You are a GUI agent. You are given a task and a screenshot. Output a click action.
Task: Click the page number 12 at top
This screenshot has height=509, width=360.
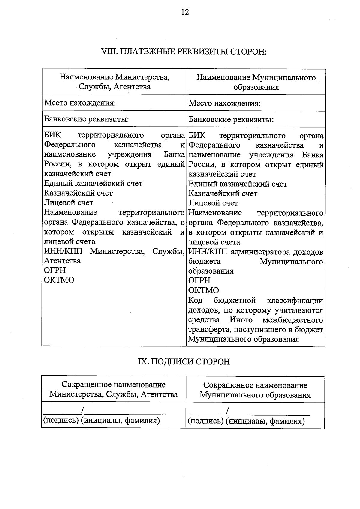[x=185, y=12]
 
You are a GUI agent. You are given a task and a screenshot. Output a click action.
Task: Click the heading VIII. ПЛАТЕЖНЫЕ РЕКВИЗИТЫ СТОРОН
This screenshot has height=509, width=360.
[x=184, y=52]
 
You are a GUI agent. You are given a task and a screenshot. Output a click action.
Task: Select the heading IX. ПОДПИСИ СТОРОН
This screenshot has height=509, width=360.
[x=184, y=361]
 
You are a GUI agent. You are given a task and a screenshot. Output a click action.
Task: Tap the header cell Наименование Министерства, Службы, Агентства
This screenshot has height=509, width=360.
[x=115, y=82]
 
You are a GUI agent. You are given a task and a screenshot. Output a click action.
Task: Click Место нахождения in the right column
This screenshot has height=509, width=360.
[x=224, y=103]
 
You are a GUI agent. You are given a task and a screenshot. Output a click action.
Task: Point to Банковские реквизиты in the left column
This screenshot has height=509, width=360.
[x=86, y=119]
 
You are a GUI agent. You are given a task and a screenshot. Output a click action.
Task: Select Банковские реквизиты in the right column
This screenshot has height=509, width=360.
[x=231, y=120]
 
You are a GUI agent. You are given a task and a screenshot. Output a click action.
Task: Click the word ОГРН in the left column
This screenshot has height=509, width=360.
[x=55, y=270]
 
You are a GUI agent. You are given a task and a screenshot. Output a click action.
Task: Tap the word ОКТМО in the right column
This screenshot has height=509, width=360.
[x=203, y=290]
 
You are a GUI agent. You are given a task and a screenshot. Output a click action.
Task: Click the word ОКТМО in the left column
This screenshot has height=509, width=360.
[x=59, y=280]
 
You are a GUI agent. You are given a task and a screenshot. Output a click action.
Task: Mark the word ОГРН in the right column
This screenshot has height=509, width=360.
[x=199, y=280]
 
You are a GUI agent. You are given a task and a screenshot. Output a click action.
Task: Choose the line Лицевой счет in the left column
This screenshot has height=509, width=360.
[x=69, y=203]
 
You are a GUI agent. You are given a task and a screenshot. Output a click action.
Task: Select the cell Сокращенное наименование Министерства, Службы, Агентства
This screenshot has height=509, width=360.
[x=114, y=389]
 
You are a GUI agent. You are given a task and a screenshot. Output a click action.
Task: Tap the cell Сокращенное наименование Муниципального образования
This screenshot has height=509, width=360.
[x=255, y=390]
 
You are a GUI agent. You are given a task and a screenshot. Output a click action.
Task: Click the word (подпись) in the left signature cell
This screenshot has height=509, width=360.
[x=61, y=420]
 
